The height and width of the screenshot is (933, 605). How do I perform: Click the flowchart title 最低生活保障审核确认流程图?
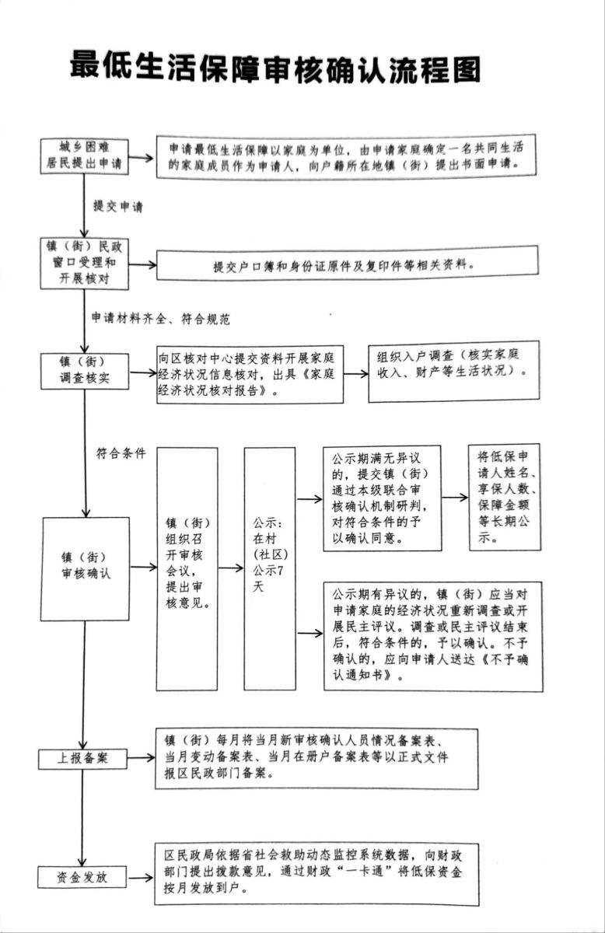[275, 68]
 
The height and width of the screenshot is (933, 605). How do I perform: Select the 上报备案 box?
[82, 758]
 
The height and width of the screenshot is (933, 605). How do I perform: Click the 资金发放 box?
[82, 877]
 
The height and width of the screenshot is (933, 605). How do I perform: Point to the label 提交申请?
[117, 206]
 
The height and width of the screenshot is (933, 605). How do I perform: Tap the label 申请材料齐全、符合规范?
[161, 318]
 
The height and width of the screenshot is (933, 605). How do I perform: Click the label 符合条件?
[121, 453]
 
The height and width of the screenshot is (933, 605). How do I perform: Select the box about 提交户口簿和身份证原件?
[347, 263]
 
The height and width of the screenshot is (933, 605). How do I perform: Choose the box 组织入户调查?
[451, 372]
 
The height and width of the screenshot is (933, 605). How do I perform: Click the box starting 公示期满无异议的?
[381, 498]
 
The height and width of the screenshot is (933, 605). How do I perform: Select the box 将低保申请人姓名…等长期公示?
[503, 498]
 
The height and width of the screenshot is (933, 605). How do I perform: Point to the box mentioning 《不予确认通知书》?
[432, 634]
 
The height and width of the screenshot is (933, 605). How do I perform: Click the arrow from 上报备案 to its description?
[141, 758]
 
